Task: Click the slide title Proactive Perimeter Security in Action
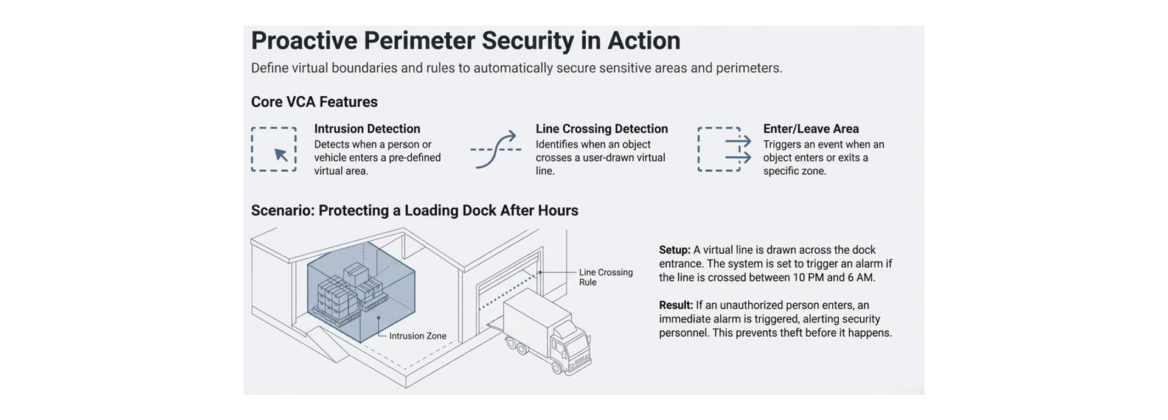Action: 465,41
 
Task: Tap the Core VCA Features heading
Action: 314,102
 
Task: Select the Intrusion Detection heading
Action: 367,128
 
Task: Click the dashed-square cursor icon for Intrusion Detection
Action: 274,150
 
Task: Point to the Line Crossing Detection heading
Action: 601,128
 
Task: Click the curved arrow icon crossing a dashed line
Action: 496,149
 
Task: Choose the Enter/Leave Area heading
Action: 810,128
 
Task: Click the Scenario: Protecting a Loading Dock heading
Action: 414,211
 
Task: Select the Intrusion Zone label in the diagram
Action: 417,336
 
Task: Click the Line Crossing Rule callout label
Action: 605,277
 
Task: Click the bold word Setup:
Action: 675,250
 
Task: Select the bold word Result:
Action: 676,306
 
